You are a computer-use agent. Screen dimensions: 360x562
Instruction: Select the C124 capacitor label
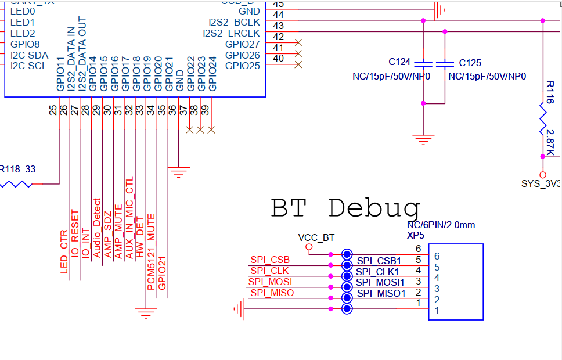click(x=399, y=63)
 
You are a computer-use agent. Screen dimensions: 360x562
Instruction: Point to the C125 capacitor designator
click(x=470, y=63)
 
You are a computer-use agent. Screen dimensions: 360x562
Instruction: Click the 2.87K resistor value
click(x=549, y=141)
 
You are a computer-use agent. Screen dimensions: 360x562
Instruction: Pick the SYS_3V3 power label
click(x=541, y=184)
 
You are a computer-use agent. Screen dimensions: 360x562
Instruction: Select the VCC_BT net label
click(x=316, y=237)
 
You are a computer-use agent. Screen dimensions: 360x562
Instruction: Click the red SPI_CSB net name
click(x=270, y=260)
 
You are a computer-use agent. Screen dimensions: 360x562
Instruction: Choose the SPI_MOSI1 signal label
click(x=380, y=283)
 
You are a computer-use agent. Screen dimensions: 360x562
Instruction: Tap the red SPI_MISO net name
click(x=272, y=293)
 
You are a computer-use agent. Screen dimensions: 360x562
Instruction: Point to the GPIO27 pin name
click(x=242, y=44)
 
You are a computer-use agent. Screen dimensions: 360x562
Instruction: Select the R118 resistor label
click(x=10, y=170)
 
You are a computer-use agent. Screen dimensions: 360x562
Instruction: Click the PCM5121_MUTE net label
click(x=151, y=251)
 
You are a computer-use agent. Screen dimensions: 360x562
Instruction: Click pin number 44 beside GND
click(x=278, y=14)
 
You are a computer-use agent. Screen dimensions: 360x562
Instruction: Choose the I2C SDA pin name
click(x=29, y=55)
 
